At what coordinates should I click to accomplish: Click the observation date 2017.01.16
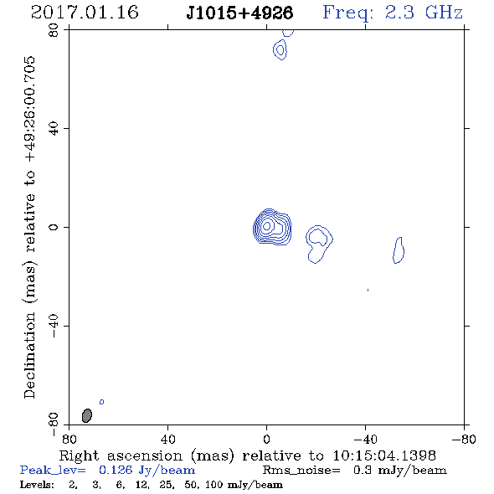(85, 13)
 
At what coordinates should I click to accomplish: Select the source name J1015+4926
(239, 13)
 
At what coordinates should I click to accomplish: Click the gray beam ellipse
(87, 415)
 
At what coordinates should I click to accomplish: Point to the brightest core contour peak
(267, 226)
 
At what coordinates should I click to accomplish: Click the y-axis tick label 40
(54, 129)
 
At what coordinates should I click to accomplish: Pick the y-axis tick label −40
(54, 326)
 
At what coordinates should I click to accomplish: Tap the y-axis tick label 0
(54, 227)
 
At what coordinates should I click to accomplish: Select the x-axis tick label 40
(167, 440)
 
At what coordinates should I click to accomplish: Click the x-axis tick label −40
(365, 440)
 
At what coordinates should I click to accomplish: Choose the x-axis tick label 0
(266, 440)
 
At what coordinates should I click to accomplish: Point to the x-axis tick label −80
(464, 440)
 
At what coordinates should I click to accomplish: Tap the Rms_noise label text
(301, 471)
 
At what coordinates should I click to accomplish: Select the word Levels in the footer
(37, 485)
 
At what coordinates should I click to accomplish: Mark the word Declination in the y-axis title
(29, 355)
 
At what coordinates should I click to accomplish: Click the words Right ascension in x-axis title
(121, 455)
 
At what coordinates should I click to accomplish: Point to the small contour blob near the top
(280, 49)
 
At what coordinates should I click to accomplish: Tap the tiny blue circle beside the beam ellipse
(102, 402)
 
